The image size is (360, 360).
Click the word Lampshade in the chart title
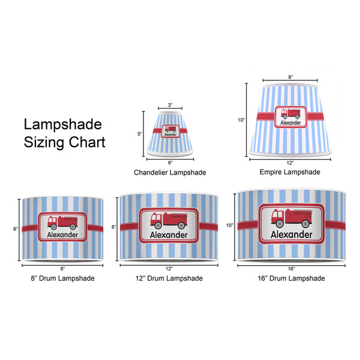(x=63, y=125)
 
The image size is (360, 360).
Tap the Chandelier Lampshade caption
(x=170, y=173)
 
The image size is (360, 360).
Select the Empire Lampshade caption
(x=290, y=172)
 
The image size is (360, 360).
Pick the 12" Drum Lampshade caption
(x=169, y=278)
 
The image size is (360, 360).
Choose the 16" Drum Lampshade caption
(x=290, y=278)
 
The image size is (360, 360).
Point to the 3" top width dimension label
(x=170, y=106)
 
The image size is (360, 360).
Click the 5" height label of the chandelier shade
(x=139, y=134)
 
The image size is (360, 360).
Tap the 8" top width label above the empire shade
(x=290, y=77)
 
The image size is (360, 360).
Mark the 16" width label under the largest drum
(x=291, y=269)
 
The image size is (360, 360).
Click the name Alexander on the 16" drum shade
(x=292, y=235)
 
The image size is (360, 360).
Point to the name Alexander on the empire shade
(x=290, y=122)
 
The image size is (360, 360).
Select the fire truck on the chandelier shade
(x=170, y=130)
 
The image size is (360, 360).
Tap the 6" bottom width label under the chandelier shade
(x=170, y=163)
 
